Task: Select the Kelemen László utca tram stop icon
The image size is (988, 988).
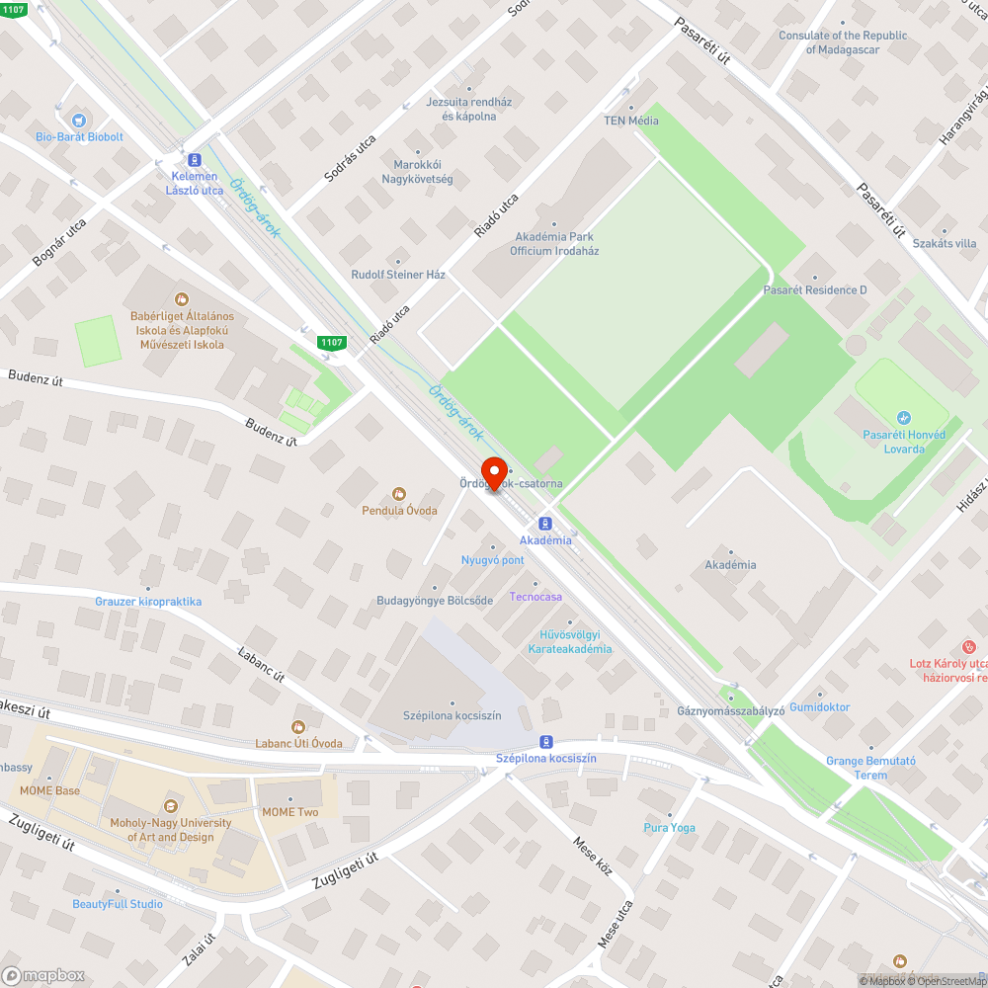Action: [x=195, y=159]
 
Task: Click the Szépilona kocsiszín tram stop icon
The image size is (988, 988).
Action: [x=545, y=741]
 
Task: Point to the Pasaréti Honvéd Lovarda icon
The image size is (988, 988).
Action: [x=904, y=418]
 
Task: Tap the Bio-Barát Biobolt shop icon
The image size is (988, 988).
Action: [x=79, y=120]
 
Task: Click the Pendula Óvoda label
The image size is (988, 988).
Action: [x=400, y=510]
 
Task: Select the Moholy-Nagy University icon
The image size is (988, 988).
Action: [x=170, y=806]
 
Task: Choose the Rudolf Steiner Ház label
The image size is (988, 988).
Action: [x=398, y=275]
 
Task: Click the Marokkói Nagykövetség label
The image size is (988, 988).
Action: [x=417, y=172]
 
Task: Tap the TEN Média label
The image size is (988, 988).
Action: [x=631, y=121]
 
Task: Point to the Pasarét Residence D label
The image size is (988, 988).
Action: [x=815, y=290]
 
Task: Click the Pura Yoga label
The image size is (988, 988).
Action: [x=669, y=828]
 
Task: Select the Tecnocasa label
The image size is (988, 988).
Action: [x=535, y=597]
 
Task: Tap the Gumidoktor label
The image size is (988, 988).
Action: [x=819, y=707]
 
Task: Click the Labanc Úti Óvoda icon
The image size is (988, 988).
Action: [x=299, y=727]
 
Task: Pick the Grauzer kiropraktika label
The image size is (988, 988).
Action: [x=148, y=602]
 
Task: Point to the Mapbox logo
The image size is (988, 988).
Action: [x=43, y=975]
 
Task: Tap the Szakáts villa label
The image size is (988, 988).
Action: [x=945, y=243]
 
